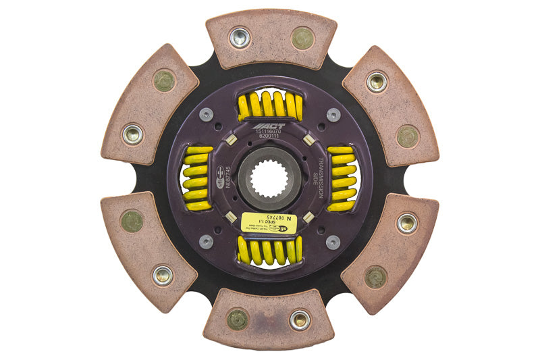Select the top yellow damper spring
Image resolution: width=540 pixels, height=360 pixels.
tap(270, 106)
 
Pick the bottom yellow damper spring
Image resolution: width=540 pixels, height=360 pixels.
tap(270, 251)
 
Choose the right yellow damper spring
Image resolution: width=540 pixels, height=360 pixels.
tap(342, 179)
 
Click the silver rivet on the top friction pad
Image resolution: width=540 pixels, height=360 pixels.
tap(240, 37)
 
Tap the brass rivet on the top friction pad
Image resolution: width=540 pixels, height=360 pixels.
tap(302, 38)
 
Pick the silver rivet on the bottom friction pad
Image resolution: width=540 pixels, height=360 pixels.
tap(299, 320)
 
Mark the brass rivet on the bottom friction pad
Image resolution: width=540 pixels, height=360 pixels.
tap(238, 319)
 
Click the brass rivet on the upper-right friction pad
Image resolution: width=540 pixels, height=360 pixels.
tap(407, 136)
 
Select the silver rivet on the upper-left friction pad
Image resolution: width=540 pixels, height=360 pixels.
tap(132, 134)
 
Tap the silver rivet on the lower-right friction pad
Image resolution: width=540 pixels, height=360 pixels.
tap(406, 223)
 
